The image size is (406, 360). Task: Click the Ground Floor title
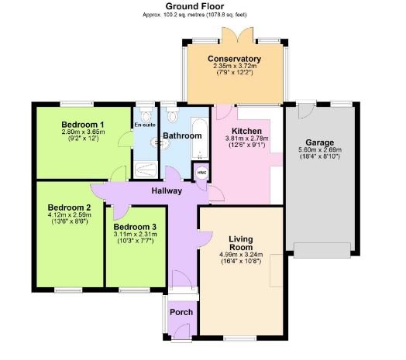pyautogui.click(x=202, y=5)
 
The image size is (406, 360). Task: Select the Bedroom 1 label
pyautogui.click(x=83, y=125)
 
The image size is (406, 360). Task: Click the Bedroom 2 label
pyautogui.click(x=69, y=207)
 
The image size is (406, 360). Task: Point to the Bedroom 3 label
pyautogui.click(x=135, y=226)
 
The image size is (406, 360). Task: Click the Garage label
pyautogui.click(x=318, y=142)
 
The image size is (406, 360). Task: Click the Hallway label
pyautogui.click(x=167, y=190)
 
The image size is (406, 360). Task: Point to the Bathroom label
pyautogui.click(x=181, y=136)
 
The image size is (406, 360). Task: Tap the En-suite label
pyautogui.click(x=143, y=125)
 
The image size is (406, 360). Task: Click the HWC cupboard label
pyautogui.click(x=201, y=173)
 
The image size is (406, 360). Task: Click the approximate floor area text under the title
pyautogui.click(x=202, y=14)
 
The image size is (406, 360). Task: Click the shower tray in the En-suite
pyautogui.click(x=145, y=170)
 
